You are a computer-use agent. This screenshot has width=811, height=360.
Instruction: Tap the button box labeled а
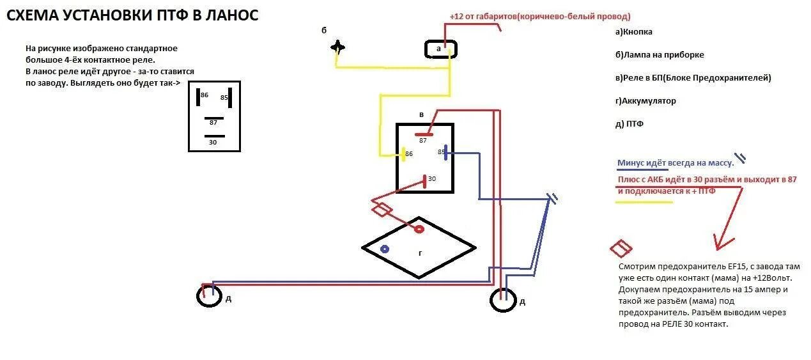click(x=441, y=49)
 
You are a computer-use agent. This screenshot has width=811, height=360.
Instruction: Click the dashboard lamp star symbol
click(x=337, y=48)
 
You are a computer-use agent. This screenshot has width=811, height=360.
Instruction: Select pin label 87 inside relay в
click(x=423, y=140)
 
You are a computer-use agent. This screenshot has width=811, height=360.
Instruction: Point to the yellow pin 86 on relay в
click(x=404, y=153)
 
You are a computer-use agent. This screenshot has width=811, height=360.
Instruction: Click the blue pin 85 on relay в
click(x=445, y=152)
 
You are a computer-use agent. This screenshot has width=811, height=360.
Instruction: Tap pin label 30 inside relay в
click(x=432, y=179)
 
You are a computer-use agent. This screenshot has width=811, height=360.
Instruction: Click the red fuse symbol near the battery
click(x=382, y=209)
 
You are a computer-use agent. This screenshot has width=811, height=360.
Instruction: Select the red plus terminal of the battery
click(x=419, y=229)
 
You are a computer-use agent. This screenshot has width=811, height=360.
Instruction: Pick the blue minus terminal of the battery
click(x=385, y=249)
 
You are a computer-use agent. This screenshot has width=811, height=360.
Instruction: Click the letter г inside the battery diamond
click(x=420, y=253)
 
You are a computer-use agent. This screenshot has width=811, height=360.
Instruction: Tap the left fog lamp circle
click(x=208, y=296)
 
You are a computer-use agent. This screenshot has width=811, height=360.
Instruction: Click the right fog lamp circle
click(x=503, y=299)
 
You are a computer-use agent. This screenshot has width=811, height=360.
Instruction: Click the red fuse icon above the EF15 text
click(x=621, y=248)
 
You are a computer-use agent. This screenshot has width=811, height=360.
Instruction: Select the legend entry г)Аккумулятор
click(x=645, y=101)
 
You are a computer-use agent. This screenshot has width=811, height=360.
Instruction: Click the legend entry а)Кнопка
click(x=634, y=32)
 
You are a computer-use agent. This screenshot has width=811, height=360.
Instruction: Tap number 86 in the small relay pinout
click(x=205, y=95)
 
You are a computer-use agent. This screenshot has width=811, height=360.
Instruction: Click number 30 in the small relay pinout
click(x=213, y=143)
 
